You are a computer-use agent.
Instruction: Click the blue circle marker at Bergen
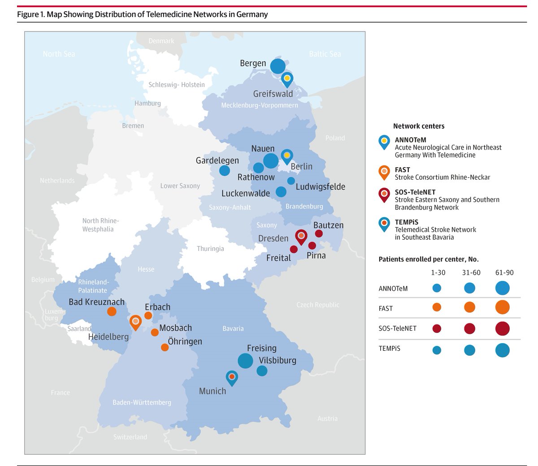(278, 66)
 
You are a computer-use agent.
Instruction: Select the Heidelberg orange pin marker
(135, 321)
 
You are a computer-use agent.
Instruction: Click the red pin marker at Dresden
(301, 236)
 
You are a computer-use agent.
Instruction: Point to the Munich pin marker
(232, 377)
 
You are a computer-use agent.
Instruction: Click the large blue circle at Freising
(245, 360)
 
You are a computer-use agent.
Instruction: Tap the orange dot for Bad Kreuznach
(112, 311)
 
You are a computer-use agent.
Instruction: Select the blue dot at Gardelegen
(225, 170)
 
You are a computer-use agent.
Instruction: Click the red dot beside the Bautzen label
(319, 233)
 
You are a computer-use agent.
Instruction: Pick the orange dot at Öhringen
(165, 347)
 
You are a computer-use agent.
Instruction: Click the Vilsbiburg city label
(278, 360)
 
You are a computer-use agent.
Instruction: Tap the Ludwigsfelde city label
(321, 186)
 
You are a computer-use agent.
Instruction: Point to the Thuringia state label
(210, 249)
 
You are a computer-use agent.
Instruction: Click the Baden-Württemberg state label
(142, 402)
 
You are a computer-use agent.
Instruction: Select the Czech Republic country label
(318, 305)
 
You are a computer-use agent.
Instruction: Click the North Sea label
(59, 54)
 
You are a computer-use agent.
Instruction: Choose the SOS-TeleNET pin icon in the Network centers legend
(384, 194)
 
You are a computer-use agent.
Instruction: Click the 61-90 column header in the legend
(504, 272)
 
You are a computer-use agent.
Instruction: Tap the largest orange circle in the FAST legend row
(503, 307)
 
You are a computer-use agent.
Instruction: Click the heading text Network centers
(419, 126)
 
